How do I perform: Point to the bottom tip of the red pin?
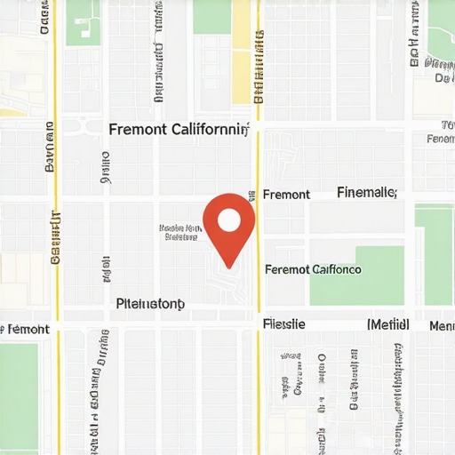tap(229, 267)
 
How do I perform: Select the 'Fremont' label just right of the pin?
tap(286, 195)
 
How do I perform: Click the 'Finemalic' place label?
tap(367, 192)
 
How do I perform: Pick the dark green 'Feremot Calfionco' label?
tap(314, 269)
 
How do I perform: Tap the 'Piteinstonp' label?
tap(150, 304)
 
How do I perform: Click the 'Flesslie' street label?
tap(284, 324)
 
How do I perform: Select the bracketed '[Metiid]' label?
tap(387, 324)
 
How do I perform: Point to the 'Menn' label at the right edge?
tap(442, 326)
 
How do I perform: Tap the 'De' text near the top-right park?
tap(440, 78)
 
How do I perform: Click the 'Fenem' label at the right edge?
tap(441, 139)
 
